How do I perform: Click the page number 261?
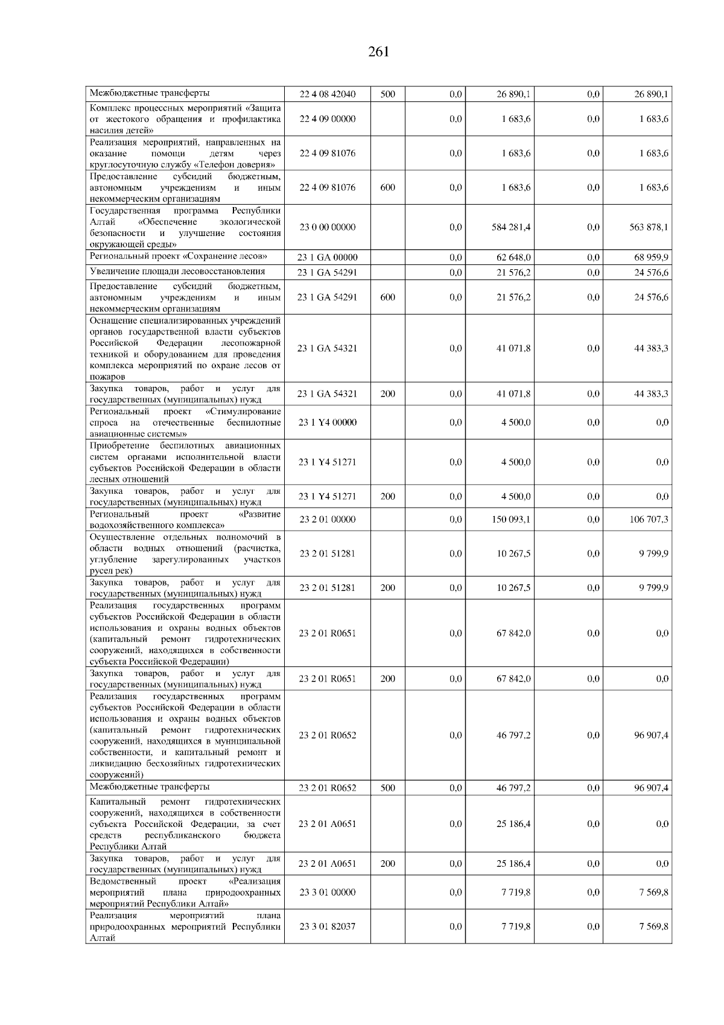coord(378,52)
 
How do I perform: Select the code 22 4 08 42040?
coord(328,94)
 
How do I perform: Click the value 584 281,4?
coord(511,228)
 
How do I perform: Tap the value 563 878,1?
coord(649,228)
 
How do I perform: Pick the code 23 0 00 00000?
coord(328,228)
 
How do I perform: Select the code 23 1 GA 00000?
coord(328,258)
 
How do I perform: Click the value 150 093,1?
coord(511,520)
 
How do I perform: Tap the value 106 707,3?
coord(649,520)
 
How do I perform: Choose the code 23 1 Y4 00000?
coord(328,423)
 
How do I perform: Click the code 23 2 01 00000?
coord(328,520)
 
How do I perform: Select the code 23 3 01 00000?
coord(328,892)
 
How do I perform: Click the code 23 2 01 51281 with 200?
coord(328,588)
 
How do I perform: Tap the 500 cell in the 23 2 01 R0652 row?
coord(388,788)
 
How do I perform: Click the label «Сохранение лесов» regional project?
coord(179,257)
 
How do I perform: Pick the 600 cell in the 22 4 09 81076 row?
coord(388,188)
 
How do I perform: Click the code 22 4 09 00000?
coord(328,119)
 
